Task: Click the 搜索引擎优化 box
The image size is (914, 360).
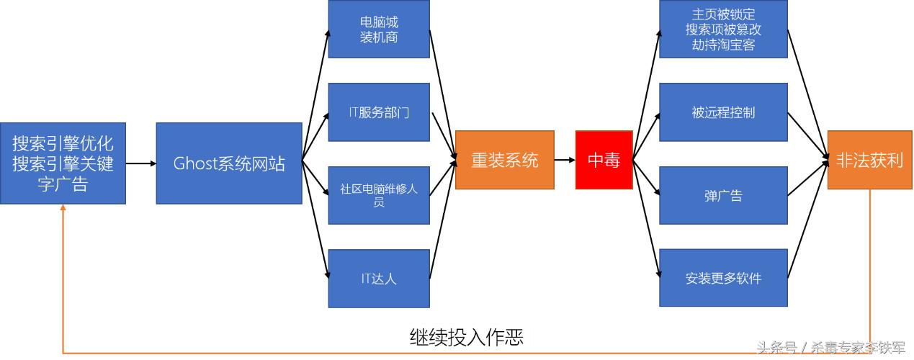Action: (x=63, y=163)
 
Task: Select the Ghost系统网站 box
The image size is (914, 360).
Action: (x=229, y=163)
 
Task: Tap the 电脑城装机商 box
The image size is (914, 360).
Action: (x=379, y=29)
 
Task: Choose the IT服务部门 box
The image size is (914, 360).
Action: (x=379, y=112)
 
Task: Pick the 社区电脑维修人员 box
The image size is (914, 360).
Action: (x=379, y=195)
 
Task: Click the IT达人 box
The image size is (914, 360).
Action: (x=379, y=278)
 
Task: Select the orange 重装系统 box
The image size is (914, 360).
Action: (x=504, y=160)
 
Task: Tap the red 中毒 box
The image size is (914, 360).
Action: (x=604, y=160)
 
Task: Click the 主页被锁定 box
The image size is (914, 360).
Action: (x=723, y=29)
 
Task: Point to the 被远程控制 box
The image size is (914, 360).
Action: (x=723, y=112)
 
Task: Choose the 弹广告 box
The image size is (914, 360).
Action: (x=723, y=195)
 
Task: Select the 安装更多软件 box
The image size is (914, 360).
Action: (x=723, y=278)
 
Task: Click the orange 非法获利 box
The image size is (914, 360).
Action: (x=869, y=160)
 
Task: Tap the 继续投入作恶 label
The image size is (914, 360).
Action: (x=466, y=337)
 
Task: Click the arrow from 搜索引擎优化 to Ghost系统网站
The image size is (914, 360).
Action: (x=141, y=163)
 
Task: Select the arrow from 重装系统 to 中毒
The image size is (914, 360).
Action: (x=565, y=160)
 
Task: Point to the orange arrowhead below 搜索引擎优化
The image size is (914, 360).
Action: (x=63, y=209)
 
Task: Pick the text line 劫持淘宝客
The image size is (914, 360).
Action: (x=723, y=45)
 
